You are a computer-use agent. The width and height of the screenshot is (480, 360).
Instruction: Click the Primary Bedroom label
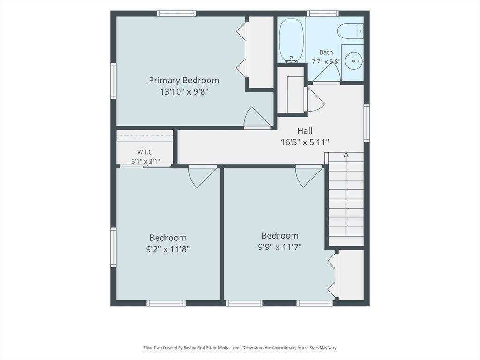184,81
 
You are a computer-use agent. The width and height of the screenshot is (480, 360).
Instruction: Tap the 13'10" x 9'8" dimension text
184,91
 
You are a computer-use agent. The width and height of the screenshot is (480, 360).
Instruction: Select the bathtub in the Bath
292,40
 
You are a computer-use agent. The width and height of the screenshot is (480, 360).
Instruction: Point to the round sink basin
354,61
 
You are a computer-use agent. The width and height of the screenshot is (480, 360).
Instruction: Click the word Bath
326,52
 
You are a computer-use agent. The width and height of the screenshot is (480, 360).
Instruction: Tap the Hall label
305,131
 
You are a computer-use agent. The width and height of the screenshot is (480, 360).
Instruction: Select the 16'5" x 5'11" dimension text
305,142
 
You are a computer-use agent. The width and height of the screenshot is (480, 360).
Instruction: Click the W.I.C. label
145,152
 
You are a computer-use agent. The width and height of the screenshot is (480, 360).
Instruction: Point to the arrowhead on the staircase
346,155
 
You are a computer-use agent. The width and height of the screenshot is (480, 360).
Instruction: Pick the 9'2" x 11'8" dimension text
168,249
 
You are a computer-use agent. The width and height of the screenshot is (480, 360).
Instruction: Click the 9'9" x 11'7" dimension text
280,247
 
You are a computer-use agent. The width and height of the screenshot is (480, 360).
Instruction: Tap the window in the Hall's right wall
367,123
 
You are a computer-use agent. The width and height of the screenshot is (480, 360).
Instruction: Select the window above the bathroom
322,14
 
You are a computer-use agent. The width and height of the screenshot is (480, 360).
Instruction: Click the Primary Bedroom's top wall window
177,14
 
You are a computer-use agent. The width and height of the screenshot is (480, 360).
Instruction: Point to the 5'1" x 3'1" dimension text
145,161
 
